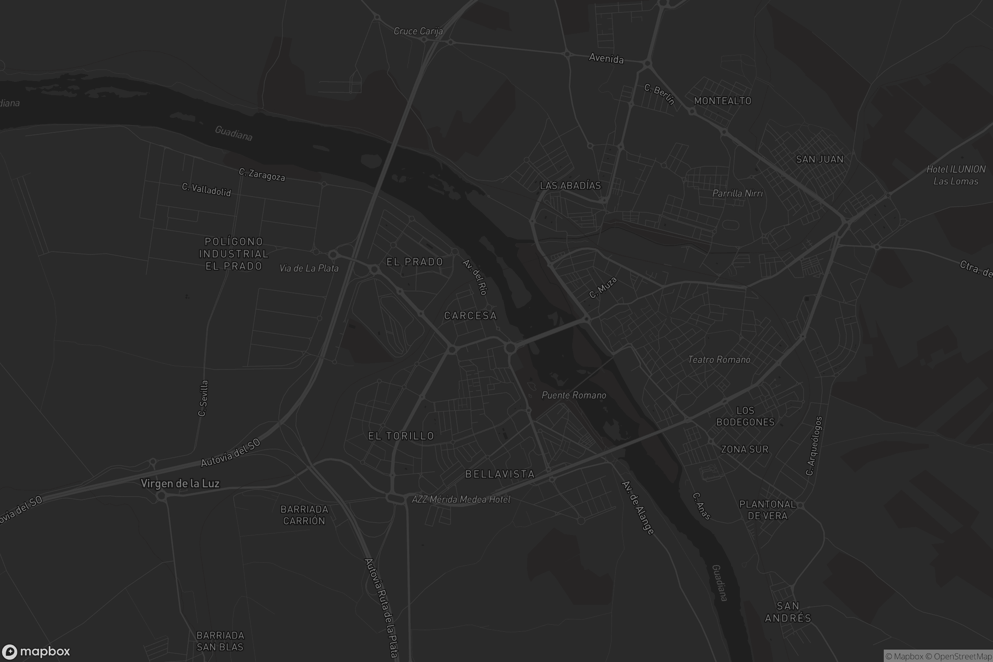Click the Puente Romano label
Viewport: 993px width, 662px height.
(574, 395)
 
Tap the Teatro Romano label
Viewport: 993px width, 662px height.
(719, 360)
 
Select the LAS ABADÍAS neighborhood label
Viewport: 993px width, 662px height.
(570, 185)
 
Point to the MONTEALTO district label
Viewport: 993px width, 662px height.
(722, 101)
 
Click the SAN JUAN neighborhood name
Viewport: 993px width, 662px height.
(820, 159)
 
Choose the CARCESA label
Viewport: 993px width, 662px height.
(470, 316)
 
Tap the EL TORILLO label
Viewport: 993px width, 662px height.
(401, 436)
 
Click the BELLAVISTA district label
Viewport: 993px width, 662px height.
(500, 474)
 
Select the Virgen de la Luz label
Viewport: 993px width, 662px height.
(180, 483)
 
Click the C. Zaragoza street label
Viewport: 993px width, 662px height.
(262, 174)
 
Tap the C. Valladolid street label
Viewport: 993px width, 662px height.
(206, 189)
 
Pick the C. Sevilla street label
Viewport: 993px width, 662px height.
(203, 398)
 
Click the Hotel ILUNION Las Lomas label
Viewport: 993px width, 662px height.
(955, 175)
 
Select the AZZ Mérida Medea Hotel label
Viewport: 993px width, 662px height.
(461, 499)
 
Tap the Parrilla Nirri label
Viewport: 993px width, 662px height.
(738, 193)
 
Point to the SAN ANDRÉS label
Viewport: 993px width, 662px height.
(788, 612)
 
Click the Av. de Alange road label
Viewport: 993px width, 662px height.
(638, 508)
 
